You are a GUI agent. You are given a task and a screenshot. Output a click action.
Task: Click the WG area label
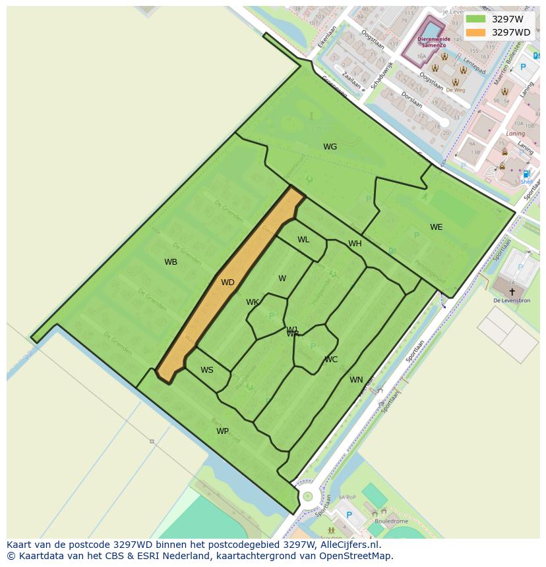pyautogui.click(x=330, y=147)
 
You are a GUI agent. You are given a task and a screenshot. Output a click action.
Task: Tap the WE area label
pyautogui.click(x=436, y=227)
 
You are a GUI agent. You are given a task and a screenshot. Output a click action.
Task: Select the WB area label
pyautogui.click(x=171, y=262)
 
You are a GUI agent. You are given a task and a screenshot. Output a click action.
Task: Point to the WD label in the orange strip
pyautogui.click(x=228, y=283)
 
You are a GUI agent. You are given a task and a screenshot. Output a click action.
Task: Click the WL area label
pyautogui.click(x=303, y=240)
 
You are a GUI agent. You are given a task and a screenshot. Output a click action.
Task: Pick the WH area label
pyautogui.click(x=355, y=244)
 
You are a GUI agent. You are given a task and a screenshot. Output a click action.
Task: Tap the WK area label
pyautogui.click(x=253, y=302)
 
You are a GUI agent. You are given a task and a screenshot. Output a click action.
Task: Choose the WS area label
pyautogui.click(x=207, y=370)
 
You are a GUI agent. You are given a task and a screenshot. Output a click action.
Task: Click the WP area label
pyautogui.click(x=223, y=431)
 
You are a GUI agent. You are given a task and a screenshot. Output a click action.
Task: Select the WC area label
pyautogui.click(x=331, y=360)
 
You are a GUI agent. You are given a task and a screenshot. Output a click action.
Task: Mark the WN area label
pyautogui.click(x=356, y=380)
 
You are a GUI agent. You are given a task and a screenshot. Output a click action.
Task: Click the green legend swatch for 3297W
pyautogui.click(x=475, y=19)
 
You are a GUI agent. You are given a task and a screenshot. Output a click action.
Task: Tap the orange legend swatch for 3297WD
pyautogui.click(x=475, y=32)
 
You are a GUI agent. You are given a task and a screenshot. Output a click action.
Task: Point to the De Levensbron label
pyautogui.click(x=512, y=300)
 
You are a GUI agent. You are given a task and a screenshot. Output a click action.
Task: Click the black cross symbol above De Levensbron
pyautogui.click(x=512, y=291)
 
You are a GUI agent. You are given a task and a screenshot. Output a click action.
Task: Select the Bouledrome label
pyautogui.click(x=390, y=521)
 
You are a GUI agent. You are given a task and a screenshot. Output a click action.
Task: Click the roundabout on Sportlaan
pyautogui.click(x=307, y=496)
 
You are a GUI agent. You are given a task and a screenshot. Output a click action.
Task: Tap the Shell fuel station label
pyautogui.click(x=526, y=182)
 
